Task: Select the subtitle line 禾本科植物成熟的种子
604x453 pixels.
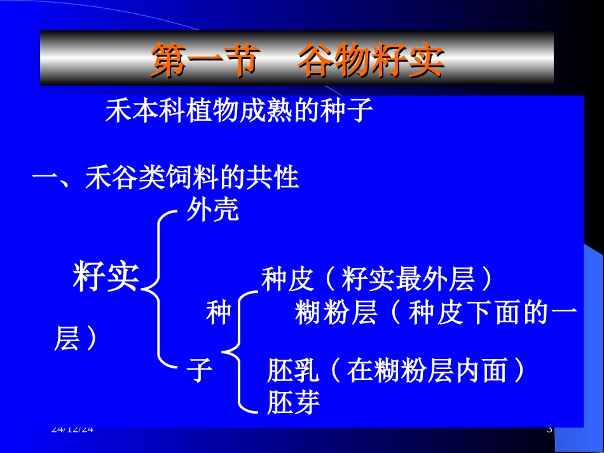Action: [x=238, y=111]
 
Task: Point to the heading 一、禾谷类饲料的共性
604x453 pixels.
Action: [x=165, y=178]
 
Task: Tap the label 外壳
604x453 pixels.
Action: [x=212, y=210]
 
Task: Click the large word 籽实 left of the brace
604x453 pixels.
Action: [x=106, y=277]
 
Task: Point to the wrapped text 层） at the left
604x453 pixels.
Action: [x=76, y=339]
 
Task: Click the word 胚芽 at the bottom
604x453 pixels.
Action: [x=293, y=402]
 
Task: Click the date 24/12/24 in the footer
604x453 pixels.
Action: [x=72, y=429]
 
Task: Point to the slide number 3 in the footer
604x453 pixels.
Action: [x=549, y=429]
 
